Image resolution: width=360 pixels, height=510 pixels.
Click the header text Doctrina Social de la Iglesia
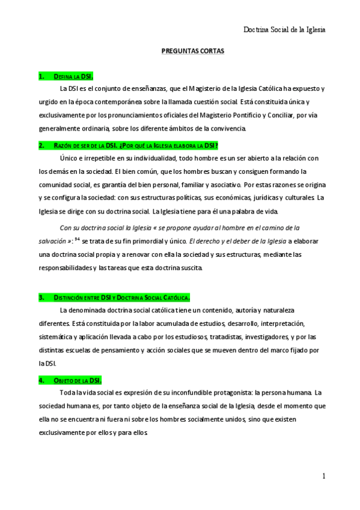[x=284, y=29]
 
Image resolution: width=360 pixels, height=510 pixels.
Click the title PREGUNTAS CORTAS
[x=193, y=52]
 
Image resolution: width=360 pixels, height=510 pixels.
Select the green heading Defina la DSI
[x=66, y=77]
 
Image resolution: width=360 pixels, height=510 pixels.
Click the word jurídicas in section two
[x=245, y=198]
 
